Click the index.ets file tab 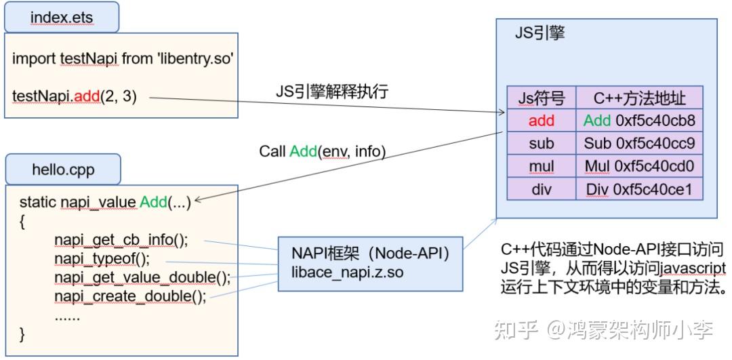pos(62,17)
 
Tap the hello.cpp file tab pos(63,169)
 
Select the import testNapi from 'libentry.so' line pos(123,59)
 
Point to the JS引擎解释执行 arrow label pos(331,92)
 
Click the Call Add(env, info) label pos(322,152)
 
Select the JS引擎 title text pos(540,33)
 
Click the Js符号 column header pos(541,98)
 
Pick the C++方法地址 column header pos(638,98)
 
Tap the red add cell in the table pos(541,121)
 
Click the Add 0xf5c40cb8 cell pos(638,121)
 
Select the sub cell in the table pos(541,144)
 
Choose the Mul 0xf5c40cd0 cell pos(638,166)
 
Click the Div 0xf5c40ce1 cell pos(638,190)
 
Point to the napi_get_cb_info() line pos(121,241)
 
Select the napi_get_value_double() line pos(142,278)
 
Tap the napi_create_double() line pos(130,296)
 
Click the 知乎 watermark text pos(516,331)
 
